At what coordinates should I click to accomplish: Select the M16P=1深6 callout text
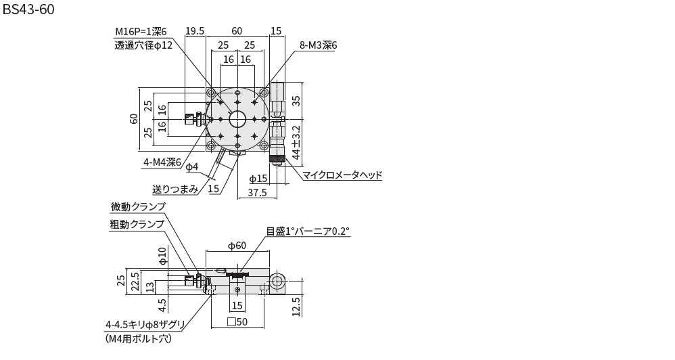click(140, 31)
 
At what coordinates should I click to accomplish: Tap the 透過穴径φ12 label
click(143, 45)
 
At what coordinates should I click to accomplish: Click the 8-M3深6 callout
click(318, 45)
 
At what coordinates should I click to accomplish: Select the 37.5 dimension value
click(258, 192)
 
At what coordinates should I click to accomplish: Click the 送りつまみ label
click(175, 189)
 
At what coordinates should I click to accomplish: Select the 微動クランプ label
click(138, 207)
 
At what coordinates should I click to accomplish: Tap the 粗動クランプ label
click(137, 224)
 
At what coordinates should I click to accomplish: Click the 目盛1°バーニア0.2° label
click(308, 231)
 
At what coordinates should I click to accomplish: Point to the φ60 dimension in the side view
click(236, 246)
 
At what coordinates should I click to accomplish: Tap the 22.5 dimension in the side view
click(135, 280)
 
